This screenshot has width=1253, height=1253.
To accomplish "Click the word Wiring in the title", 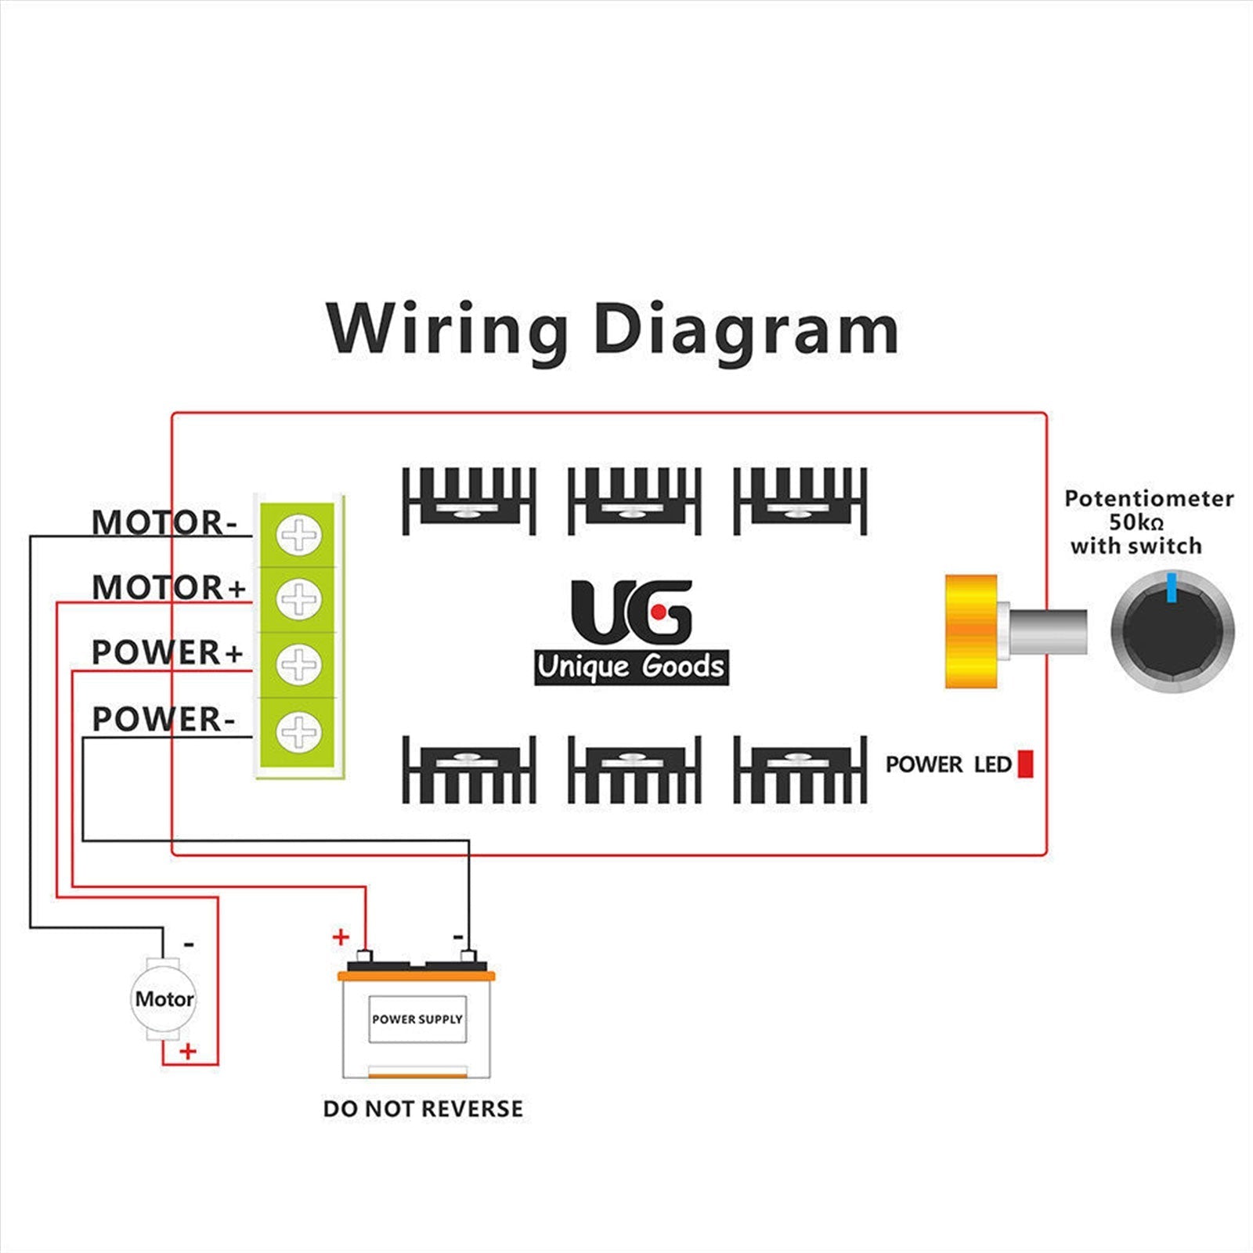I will click(447, 330).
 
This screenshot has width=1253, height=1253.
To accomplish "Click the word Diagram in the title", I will click(746, 330).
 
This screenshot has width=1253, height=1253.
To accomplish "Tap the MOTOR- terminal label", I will click(164, 522).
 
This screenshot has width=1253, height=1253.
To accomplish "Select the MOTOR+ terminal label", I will click(168, 587).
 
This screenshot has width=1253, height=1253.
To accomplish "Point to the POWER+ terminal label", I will click(167, 652).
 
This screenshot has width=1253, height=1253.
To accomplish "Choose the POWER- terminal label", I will click(163, 719).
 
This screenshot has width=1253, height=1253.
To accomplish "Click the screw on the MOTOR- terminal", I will click(298, 536).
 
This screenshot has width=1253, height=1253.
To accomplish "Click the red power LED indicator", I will click(1025, 764).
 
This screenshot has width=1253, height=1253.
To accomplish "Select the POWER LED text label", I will click(948, 764).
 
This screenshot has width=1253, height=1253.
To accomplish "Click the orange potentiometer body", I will click(970, 631).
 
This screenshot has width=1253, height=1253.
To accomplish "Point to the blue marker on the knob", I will click(1172, 587).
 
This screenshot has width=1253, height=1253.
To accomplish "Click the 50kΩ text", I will click(1136, 522).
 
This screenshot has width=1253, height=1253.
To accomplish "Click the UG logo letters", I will click(631, 611).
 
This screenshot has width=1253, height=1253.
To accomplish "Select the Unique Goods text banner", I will click(631, 667).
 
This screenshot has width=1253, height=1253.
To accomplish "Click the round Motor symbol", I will click(163, 998).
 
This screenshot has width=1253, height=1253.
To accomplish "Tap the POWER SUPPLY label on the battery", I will click(417, 1019).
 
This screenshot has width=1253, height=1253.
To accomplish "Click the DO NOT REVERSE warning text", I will click(423, 1108).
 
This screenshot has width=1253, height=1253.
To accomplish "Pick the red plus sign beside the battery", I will click(341, 937).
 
